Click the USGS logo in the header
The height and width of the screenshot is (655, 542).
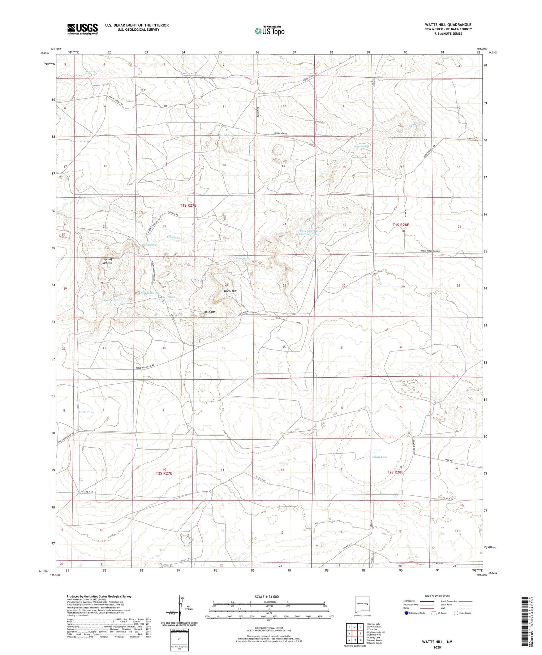[82, 29]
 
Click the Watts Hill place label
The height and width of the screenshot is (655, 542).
[230, 291]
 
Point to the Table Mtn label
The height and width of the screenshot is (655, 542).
[209, 312]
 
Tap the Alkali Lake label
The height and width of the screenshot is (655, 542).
[379, 457]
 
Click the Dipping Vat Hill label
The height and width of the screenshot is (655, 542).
[107, 261]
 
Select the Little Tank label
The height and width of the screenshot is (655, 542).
[86, 412]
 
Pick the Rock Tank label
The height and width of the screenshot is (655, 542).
[111, 300]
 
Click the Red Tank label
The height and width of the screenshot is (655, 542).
[169, 297]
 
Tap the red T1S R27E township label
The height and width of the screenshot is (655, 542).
[188, 205]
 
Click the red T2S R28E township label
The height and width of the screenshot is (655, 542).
[395, 472]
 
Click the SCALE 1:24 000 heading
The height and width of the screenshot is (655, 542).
[267, 596]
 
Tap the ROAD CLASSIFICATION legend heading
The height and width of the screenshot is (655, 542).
[437, 596]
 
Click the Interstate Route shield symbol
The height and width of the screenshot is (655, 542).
[407, 613]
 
